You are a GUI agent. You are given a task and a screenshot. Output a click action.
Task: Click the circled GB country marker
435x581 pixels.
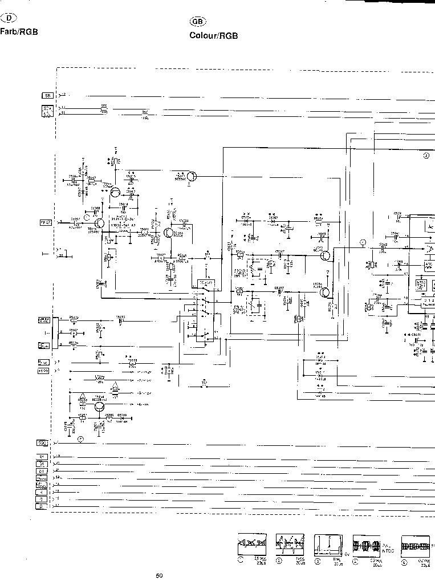pyautogui.click(x=197, y=21)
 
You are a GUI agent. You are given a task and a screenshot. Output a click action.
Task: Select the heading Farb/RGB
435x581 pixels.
pyautogui.click(x=19, y=32)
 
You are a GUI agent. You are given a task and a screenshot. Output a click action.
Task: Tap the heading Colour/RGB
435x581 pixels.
pyautogui.click(x=213, y=35)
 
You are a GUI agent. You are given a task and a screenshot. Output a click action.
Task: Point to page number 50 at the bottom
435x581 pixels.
pyautogui.click(x=159, y=575)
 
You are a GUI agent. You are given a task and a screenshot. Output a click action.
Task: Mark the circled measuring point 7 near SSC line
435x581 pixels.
pyautogui.click(x=80, y=438)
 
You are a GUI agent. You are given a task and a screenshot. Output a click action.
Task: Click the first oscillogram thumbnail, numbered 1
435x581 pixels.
pyautogui.click(x=248, y=547)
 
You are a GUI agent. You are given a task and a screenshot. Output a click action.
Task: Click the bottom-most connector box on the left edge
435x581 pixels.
pyautogui.click(x=43, y=505)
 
